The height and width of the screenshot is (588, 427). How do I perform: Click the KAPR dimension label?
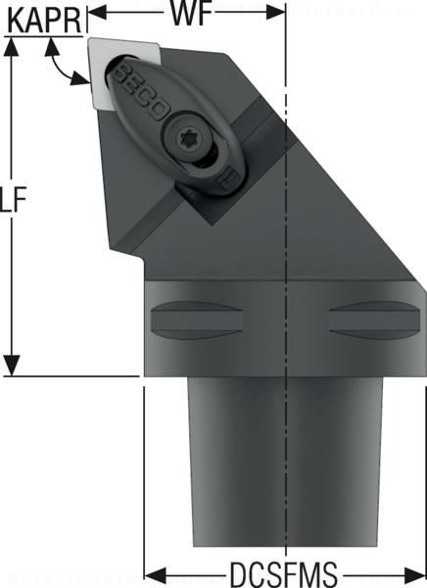click(x=40, y=17)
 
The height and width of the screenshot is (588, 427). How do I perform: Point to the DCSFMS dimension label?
click(x=285, y=571)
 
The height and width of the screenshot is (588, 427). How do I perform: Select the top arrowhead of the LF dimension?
click(x=13, y=45)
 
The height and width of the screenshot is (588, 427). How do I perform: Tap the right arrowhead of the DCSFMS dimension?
click(x=415, y=571)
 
